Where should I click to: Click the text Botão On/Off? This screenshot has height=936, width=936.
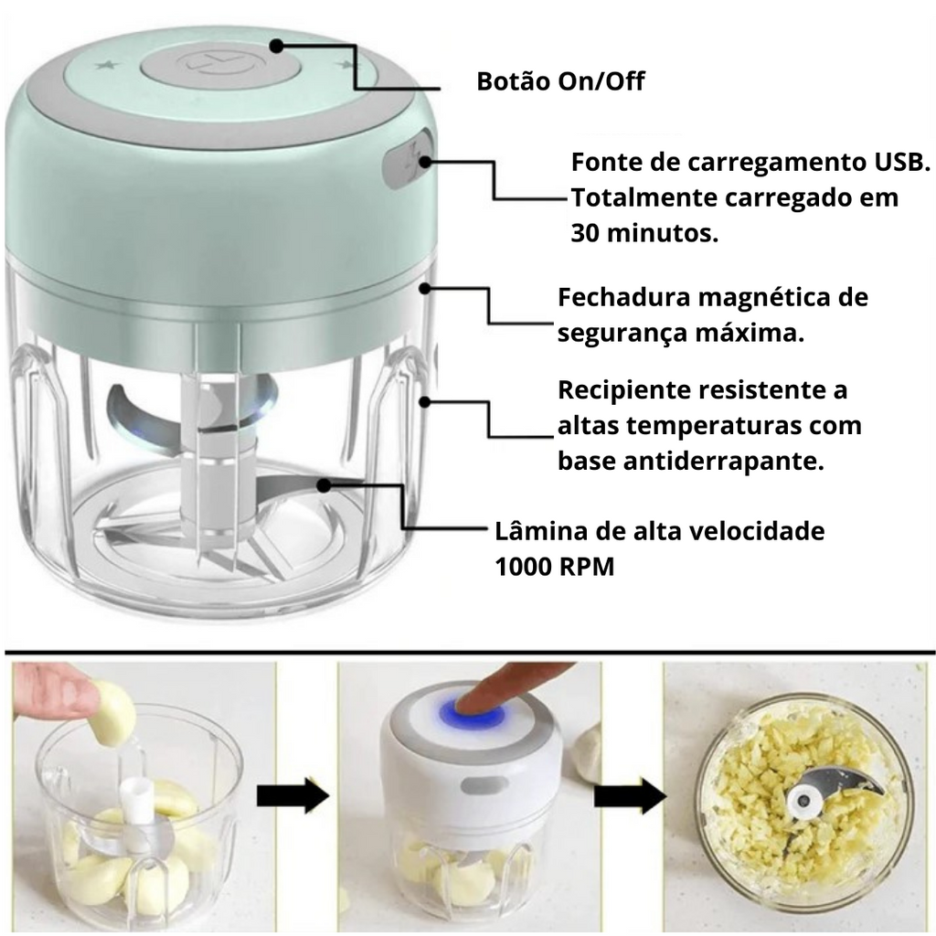pyautogui.click(x=560, y=81)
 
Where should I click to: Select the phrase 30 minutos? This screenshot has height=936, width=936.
pyautogui.click(x=644, y=233)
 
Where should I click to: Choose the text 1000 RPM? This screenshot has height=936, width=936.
pyautogui.click(x=555, y=567)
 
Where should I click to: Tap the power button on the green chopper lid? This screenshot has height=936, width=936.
pyautogui.click(x=220, y=67)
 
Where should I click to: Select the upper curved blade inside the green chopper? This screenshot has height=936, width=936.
pyautogui.click(x=191, y=409)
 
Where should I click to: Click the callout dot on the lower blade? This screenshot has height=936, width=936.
pyautogui.click(x=324, y=485)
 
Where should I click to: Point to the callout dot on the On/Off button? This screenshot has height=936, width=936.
pyautogui.click(x=276, y=46)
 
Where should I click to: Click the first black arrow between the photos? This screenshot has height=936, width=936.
pyautogui.click(x=293, y=795)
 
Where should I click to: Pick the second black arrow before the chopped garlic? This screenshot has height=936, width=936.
pyautogui.click(x=631, y=795)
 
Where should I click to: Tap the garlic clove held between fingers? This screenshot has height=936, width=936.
pyautogui.click(x=112, y=714)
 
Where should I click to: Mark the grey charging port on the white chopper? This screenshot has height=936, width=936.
pyautogui.click(x=484, y=785)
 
